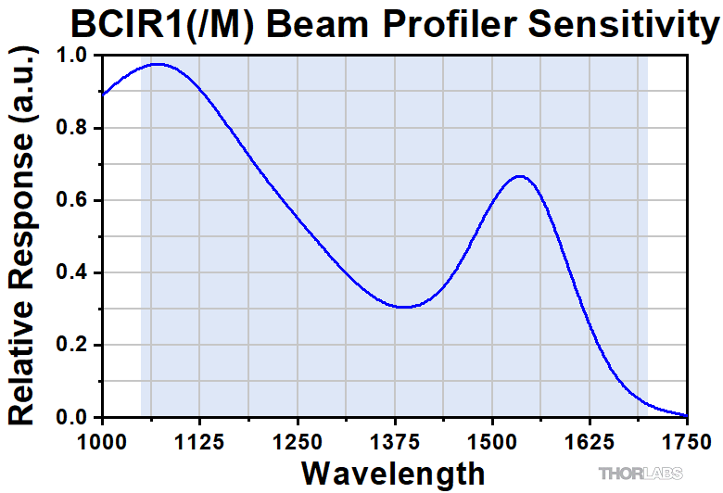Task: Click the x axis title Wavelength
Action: pos(393,473)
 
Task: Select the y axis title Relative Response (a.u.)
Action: pos(24,236)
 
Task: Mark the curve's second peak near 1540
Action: pos(519,175)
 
